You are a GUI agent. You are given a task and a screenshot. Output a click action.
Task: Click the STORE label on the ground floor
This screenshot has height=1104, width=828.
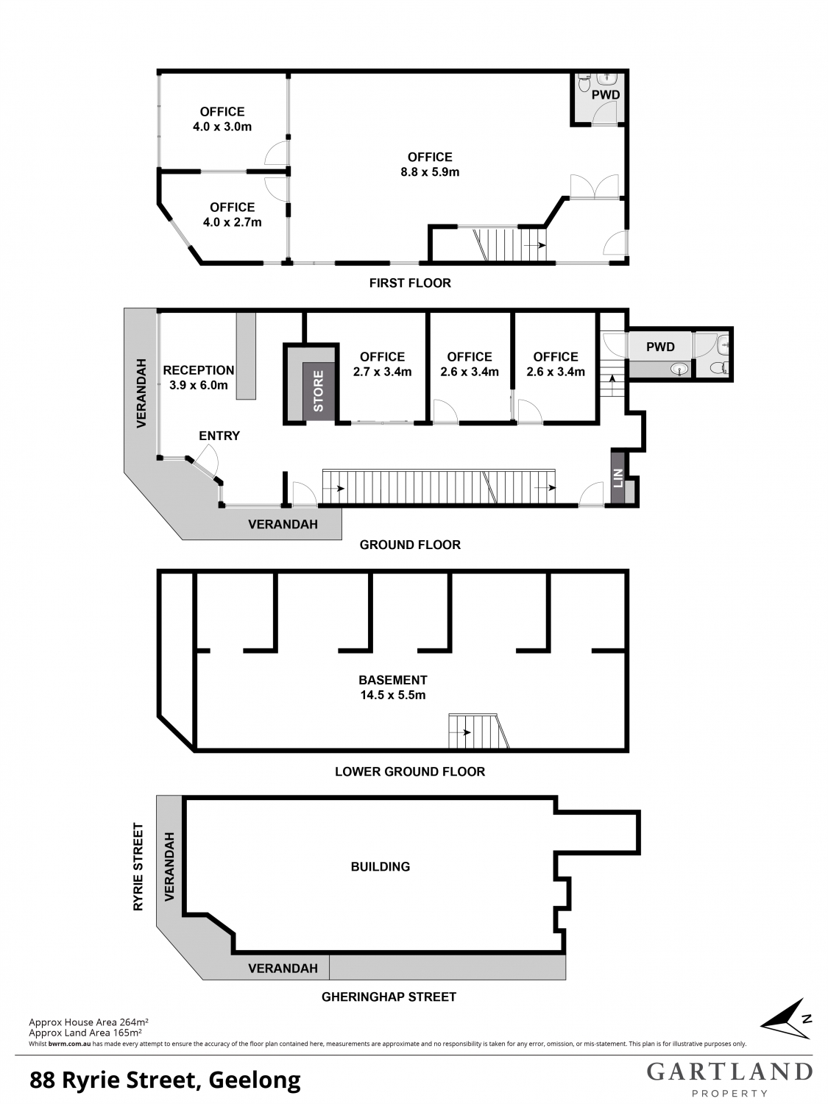coord(319,392)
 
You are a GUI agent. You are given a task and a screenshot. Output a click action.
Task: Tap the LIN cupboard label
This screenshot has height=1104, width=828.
coord(618,478)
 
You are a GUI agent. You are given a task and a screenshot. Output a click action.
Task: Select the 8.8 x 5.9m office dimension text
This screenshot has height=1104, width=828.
coord(430,172)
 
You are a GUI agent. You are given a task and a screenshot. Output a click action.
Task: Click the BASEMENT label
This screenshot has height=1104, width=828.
coord(392,680)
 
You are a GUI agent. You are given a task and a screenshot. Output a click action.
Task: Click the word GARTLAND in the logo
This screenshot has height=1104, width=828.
coord(729,1072)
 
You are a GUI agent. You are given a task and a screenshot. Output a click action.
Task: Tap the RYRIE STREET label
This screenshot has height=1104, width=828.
coord(138,866)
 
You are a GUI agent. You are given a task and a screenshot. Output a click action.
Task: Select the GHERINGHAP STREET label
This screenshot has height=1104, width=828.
coord(389,997)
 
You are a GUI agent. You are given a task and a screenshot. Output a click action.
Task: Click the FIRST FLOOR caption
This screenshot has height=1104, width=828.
coord(410,283)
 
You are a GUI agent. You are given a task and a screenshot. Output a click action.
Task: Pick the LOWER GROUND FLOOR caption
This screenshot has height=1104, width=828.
coord(410,771)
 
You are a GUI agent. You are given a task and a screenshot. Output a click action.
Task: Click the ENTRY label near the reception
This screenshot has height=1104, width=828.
coord(219,436)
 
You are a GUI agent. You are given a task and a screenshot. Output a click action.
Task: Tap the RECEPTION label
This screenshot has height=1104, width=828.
coord(199,370)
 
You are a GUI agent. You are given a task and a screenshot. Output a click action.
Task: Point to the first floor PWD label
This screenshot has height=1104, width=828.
coord(606,95)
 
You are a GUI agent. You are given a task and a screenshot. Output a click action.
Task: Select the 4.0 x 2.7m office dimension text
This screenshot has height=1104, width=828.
coord(233,222)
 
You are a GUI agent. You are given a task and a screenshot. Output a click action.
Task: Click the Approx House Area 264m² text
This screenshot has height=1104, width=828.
coord(88,1022)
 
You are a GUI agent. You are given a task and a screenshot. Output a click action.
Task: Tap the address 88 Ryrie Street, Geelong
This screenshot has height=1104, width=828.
coord(166,1080)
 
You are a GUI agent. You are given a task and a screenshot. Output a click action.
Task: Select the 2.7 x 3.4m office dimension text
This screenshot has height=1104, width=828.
coord(382,372)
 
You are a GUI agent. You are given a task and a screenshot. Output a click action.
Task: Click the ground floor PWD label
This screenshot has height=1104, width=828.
coord(661,347)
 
